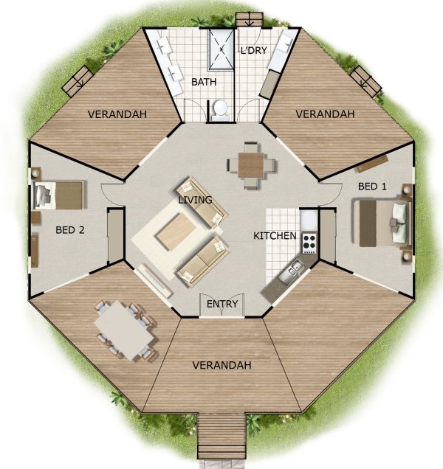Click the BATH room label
(x=204, y=82)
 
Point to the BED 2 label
(x=70, y=229)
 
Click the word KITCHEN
(x=275, y=236)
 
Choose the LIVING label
(x=195, y=200)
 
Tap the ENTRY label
(x=221, y=304)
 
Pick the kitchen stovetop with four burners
(x=309, y=241)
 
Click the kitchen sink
(x=294, y=270)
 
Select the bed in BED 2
(x=59, y=195)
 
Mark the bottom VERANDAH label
(x=221, y=365)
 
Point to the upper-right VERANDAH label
(x=325, y=114)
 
